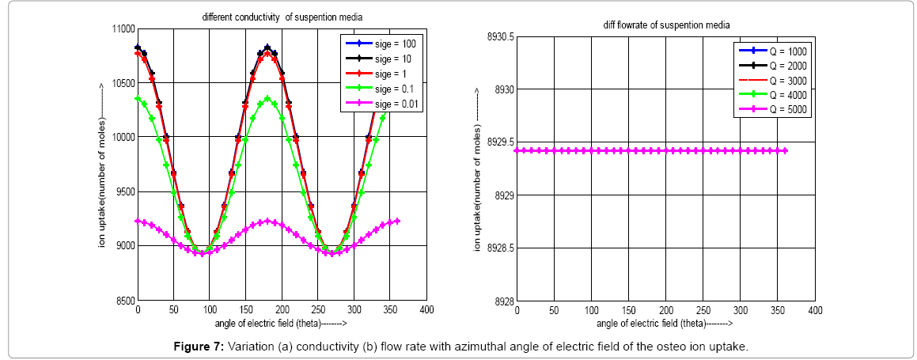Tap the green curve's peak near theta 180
(267, 99)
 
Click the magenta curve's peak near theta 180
(267, 221)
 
